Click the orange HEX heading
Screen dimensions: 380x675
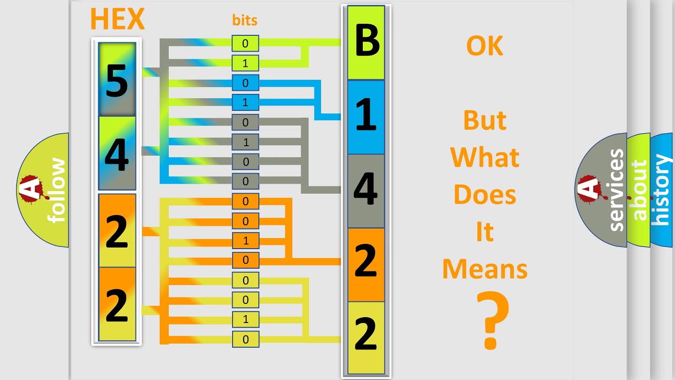click(x=117, y=19)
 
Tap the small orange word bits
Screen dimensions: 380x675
click(x=245, y=21)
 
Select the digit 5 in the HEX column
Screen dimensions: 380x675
click(x=117, y=80)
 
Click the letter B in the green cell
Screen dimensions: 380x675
click(x=367, y=42)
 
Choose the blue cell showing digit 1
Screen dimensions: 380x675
click(x=366, y=116)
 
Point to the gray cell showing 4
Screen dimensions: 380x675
click(x=366, y=190)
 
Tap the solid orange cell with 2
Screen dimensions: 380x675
click(x=366, y=263)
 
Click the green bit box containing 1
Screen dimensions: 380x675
click(x=245, y=63)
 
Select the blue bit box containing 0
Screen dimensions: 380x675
click(x=245, y=83)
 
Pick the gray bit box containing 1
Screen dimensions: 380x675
click(x=245, y=142)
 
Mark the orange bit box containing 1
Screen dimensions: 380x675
click(x=245, y=241)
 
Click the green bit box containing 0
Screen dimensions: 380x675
click(x=245, y=43)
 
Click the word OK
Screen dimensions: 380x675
click(x=485, y=46)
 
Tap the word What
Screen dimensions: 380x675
click(x=485, y=158)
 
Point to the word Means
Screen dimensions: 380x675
click(x=485, y=269)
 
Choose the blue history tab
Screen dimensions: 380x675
click(x=661, y=190)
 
